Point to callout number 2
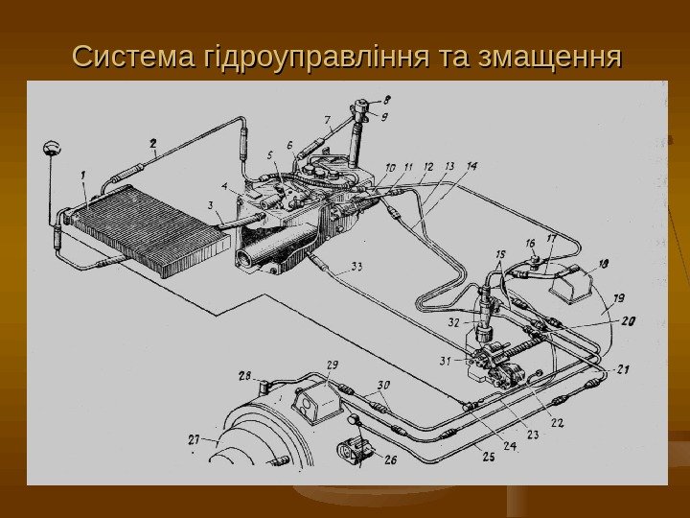tap(152, 143)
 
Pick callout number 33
tap(356, 266)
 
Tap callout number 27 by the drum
tap(195, 439)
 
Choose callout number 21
tap(623, 368)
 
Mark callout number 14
tap(471, 167)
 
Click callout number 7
tap(328, 121)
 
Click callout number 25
tap(488, 459)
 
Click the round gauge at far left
tap(51, 150)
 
